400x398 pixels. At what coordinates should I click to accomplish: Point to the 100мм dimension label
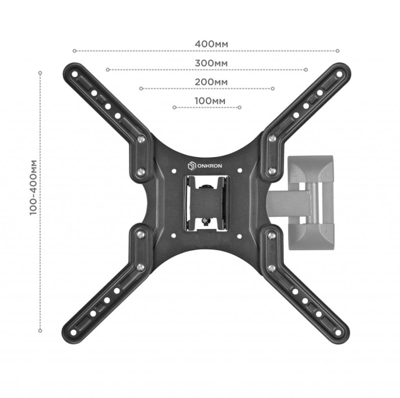coord(207,101)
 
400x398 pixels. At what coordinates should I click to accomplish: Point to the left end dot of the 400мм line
coord(75,51)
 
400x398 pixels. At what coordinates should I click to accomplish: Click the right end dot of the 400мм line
coord(339,51)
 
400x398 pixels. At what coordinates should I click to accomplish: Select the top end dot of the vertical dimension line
coord(40,73)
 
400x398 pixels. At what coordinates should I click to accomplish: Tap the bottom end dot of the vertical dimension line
coord(40,331)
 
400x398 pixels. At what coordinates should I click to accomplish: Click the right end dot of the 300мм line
coord(306,70)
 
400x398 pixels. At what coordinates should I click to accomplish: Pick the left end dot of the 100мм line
coord(174,108)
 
